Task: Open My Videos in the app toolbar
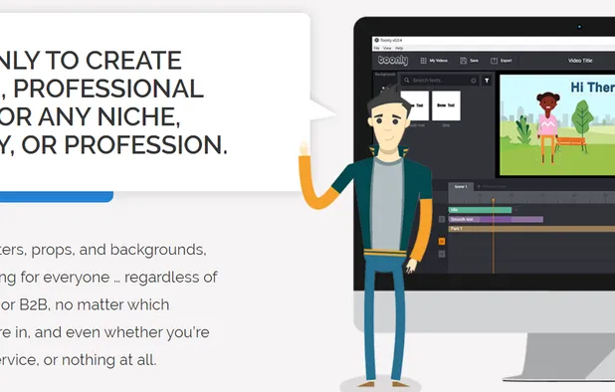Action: pos(434,61)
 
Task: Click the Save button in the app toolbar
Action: pos(469,61)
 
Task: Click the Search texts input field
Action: pos(438,80)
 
